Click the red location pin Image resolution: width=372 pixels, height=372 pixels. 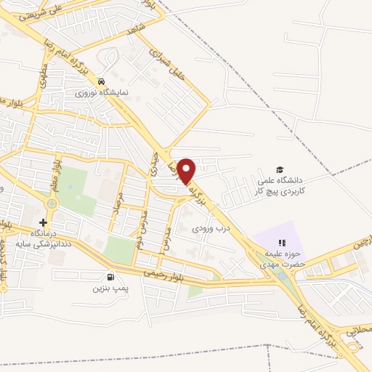tap(187, 170)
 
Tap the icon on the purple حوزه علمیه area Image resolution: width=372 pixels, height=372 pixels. tap(283, 243)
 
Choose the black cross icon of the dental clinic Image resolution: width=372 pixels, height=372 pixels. tap(44, 222)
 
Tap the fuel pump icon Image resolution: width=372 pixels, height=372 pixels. tap(110, 276)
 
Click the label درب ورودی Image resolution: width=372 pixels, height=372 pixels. tap(211, 228)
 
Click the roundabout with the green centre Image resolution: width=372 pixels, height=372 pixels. tap(51, 203)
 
